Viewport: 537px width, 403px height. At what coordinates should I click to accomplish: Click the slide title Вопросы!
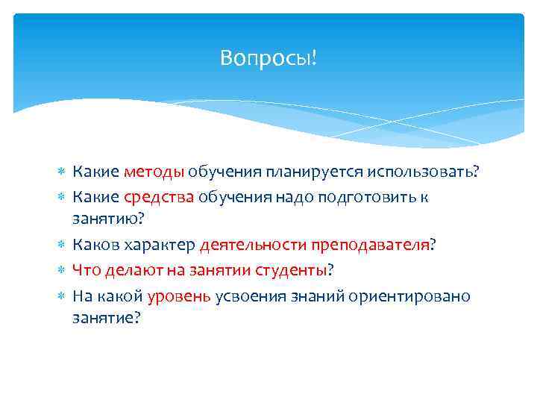[268, 57]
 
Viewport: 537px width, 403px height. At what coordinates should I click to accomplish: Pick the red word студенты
[292, 270]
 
